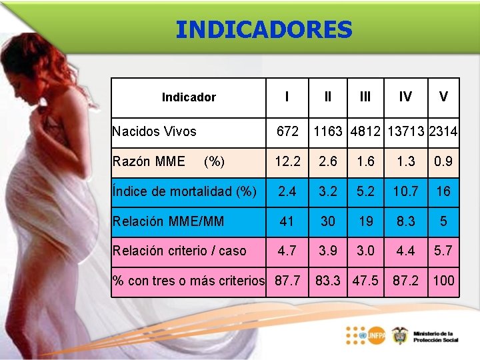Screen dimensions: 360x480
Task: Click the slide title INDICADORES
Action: click(x=263, y=29)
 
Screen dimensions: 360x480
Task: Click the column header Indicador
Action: click(x=189, y=97)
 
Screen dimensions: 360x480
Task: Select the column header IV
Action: click(x=405, y=97)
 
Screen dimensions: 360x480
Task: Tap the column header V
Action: click(x=443, y=97)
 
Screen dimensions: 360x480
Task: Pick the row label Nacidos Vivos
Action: click(x=154, y=131)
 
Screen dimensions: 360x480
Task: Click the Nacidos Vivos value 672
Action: click(x=287, y=132)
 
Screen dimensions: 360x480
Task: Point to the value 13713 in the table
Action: click(x=405, y=132)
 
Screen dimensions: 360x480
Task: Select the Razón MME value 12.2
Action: click(x=287, y=161)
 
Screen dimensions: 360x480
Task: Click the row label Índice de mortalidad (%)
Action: click(x=184, y=191)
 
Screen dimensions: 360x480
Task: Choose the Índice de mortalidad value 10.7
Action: click(x=405, y=191)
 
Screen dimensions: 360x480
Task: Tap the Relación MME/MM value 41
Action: click(x=287, y=221)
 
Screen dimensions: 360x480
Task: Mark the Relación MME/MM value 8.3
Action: click(x=405, y=221)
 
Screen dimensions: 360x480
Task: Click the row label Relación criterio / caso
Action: click(x=179, y=251)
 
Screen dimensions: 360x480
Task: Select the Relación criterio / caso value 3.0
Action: click(x=365, y=251)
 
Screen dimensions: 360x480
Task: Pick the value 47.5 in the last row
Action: click(x=365, y=281)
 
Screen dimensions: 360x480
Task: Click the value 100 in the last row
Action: click(x=443, y=281)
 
